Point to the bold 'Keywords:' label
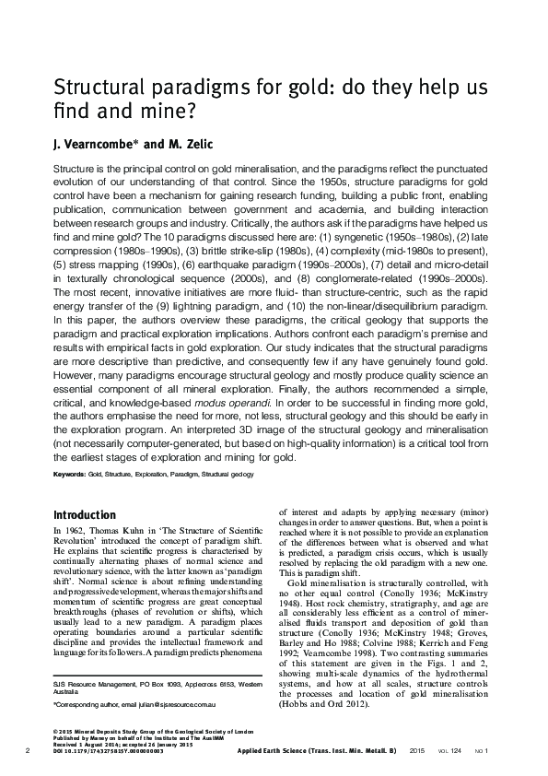pyautogui.click(x=70, y=474)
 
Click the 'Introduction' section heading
pyautogui.click(x=85, y=514)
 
